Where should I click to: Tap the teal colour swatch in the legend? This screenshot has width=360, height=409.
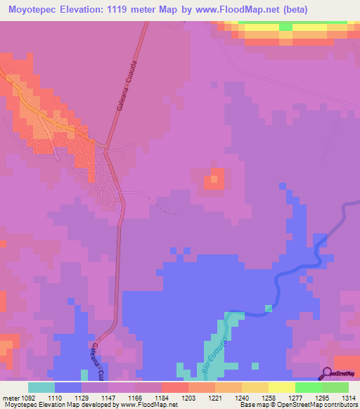(x=41, y=387)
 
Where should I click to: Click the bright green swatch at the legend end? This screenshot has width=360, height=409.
(x=335, y=387)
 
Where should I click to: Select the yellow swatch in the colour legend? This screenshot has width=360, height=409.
(x=282, y=387)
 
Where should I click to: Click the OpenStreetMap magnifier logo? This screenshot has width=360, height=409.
(x=327, y=373)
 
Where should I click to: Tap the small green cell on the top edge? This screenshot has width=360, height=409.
(x=285, y=26)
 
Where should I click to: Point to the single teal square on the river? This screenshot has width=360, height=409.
(x=268, y=309)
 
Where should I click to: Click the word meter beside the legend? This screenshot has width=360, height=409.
(x=11, y=398)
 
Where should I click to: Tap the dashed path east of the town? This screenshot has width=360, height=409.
(x=165, y=207)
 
